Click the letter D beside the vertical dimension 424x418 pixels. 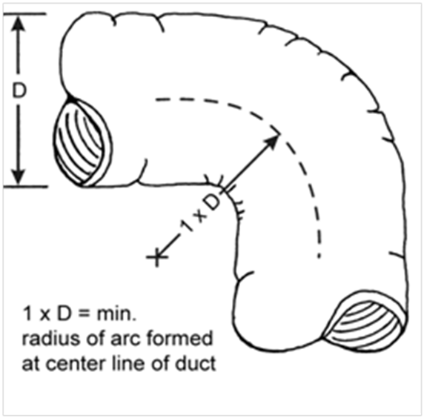coord(19,90)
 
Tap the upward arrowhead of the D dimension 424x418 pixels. coord(19,24)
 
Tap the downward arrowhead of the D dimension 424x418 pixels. coord(19,176)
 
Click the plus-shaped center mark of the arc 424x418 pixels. coord(157,257)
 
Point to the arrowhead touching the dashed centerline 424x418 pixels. coord(272,141)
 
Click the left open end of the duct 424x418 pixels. coord(83,142)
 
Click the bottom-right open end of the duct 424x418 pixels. coord(365,320)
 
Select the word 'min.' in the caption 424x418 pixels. coord(116,314)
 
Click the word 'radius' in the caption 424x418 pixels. coord(51,339)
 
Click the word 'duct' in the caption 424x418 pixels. coord(195,363)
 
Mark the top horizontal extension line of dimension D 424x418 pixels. coord(24,13)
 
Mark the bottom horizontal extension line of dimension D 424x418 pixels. coord(25,187)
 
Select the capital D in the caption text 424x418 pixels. coord(64,314)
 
